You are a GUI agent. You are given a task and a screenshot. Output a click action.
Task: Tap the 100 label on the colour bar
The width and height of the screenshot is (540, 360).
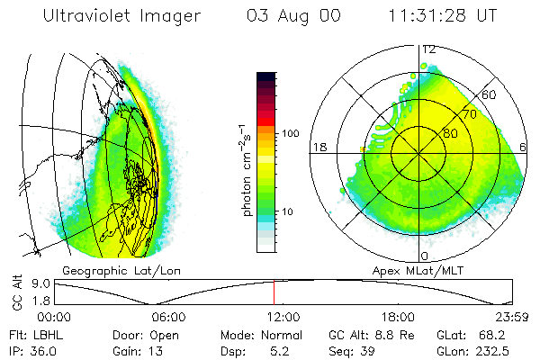(291, 133)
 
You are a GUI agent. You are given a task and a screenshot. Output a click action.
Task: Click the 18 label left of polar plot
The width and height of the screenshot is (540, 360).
(318, 147)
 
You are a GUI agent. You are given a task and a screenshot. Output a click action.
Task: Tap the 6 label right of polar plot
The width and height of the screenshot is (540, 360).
(524, 147)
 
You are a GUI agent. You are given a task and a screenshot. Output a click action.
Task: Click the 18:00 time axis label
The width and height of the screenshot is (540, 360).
(397, 317)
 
